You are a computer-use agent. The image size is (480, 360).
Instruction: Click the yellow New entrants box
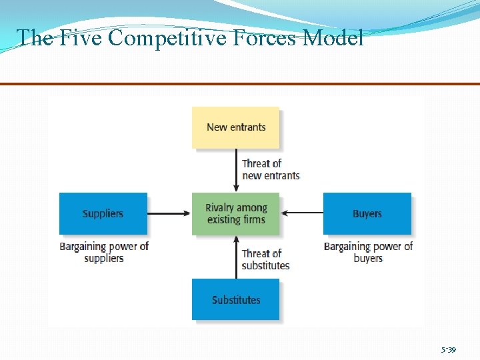pyautogui.click(x=235, y=127)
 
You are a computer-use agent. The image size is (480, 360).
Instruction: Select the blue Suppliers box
pyautogui.click(x=103, y=213)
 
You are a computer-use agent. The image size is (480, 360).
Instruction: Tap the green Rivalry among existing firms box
pyautogui.click(x=235, y=214)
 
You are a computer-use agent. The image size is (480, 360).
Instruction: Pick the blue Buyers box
pyautogui.click(x=367, y=213)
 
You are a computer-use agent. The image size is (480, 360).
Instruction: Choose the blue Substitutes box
pyautogui.click(x=235, y=299)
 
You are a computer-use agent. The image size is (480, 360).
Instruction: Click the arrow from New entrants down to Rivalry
pyautogui.click(x=235, y=170)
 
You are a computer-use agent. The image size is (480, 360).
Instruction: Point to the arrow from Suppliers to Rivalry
pyautogui.click(x=169, y=213)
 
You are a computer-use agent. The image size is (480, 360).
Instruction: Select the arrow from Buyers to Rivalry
pyautogui.click(x=301, y=213)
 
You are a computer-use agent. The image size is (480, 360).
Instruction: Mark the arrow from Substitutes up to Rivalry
pyautogui.click(x=235, y=257)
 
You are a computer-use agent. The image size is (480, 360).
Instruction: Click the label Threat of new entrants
pyautogui.click(x=271, y=169)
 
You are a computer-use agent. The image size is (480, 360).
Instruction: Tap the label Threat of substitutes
pyautogui.click(x=265, y=259)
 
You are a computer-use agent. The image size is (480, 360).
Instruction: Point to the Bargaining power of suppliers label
pyautogui.click(x=104, y=252)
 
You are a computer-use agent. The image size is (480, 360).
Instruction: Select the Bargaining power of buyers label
pyautogui.click(x=368, y=252)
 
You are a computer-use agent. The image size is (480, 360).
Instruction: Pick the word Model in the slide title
pyautogui.click(x=333, y=38)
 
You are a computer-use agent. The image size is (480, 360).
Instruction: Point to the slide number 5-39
pyautogui.click(x=448, y=349)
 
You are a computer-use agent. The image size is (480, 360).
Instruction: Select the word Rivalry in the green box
pyautogui.click(x=221, y=208)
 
